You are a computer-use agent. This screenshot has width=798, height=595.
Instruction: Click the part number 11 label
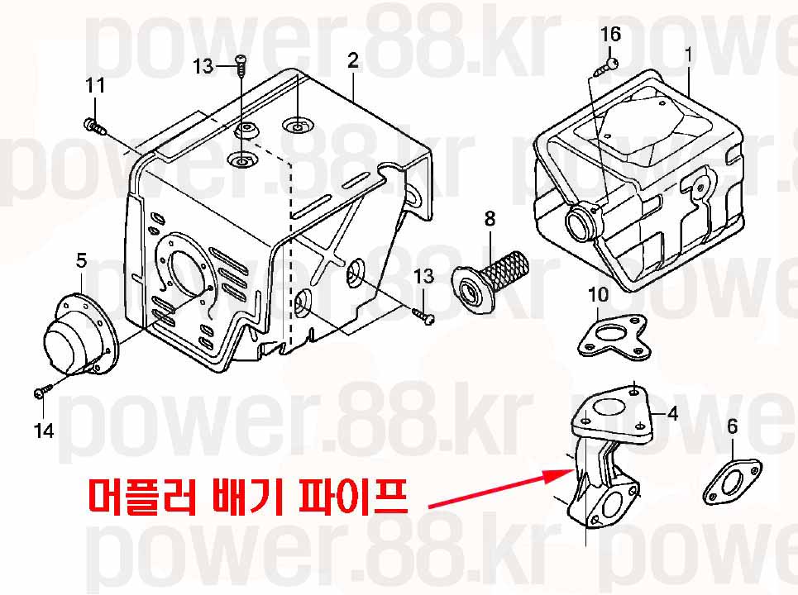click(95, 85)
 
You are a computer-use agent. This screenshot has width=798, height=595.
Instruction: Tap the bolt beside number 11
click(94, 126)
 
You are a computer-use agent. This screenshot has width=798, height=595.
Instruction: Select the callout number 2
click(353, 60)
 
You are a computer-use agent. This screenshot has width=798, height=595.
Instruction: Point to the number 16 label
click(611, 34)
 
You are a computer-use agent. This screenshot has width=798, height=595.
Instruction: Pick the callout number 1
click(689, 55)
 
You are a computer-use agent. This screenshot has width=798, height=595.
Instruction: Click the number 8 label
click(490, 219)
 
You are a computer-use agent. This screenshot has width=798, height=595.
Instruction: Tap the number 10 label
click(598, 294)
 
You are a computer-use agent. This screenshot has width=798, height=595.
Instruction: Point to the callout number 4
click(673, 414)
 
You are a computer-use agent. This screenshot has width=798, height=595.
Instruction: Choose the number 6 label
click(732, 426)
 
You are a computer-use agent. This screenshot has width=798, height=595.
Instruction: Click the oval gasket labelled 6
click(732, 482)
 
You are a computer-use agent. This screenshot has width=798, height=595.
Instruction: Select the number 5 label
click(81, 261)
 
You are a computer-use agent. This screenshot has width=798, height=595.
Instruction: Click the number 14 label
click(44, 431)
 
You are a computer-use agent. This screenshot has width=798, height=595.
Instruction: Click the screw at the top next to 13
click(240, 65)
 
